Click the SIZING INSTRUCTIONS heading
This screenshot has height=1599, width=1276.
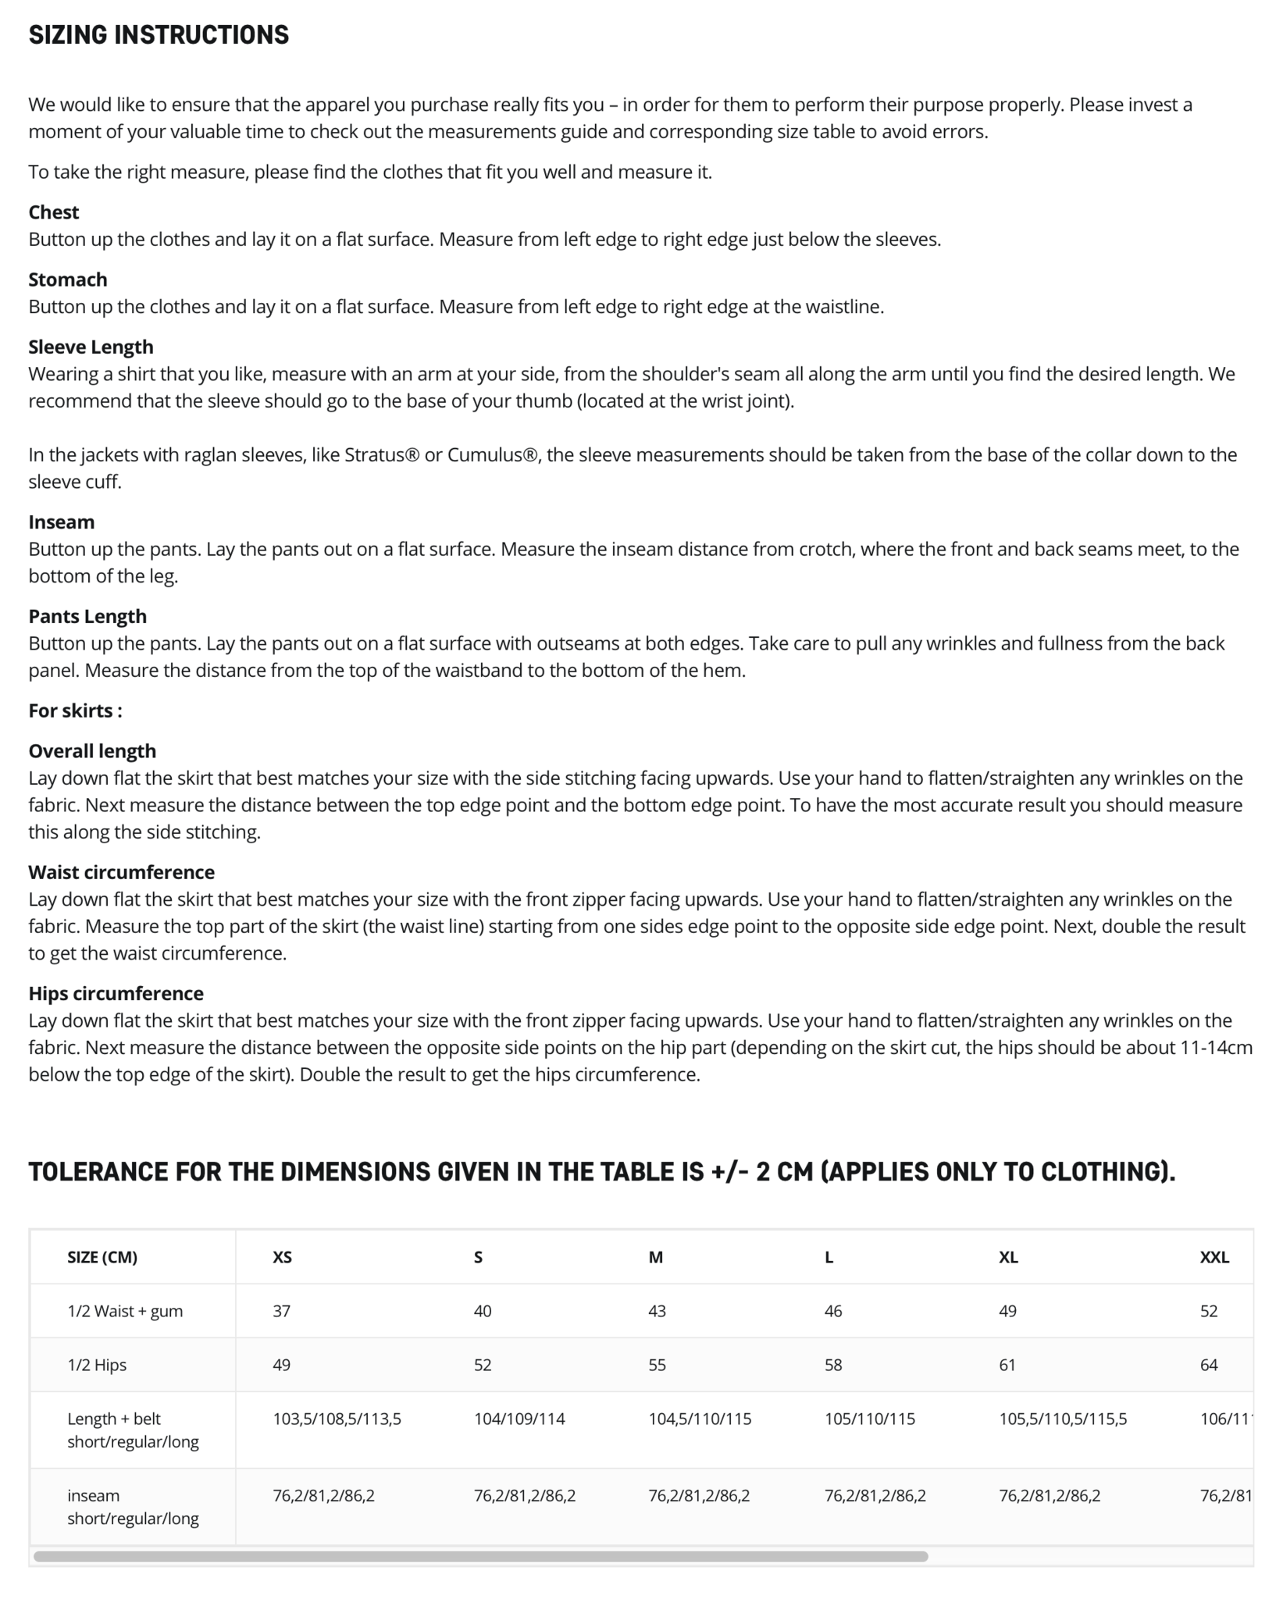159,35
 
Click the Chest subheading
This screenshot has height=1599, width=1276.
54,212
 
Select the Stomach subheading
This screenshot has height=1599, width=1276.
68,280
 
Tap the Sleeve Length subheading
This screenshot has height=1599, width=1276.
91,347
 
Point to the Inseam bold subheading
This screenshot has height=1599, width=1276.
61,522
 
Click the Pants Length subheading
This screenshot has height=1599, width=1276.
87,617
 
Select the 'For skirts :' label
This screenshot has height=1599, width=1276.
75,710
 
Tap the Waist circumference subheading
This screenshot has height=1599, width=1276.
121,872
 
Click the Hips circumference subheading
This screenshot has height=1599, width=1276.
116,993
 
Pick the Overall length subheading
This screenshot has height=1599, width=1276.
92,751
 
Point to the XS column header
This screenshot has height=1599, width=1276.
282,1257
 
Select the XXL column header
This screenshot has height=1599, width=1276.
1214,1257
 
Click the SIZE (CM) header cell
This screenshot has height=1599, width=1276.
102,1257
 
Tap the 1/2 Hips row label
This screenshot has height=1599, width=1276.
97,1365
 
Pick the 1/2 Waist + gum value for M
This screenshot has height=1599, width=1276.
657,1311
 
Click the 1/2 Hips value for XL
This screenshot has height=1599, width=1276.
1007,1365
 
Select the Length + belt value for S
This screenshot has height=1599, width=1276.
519,1419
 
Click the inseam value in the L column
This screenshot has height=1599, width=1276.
875,1496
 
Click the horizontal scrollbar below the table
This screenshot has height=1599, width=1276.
480,1556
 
